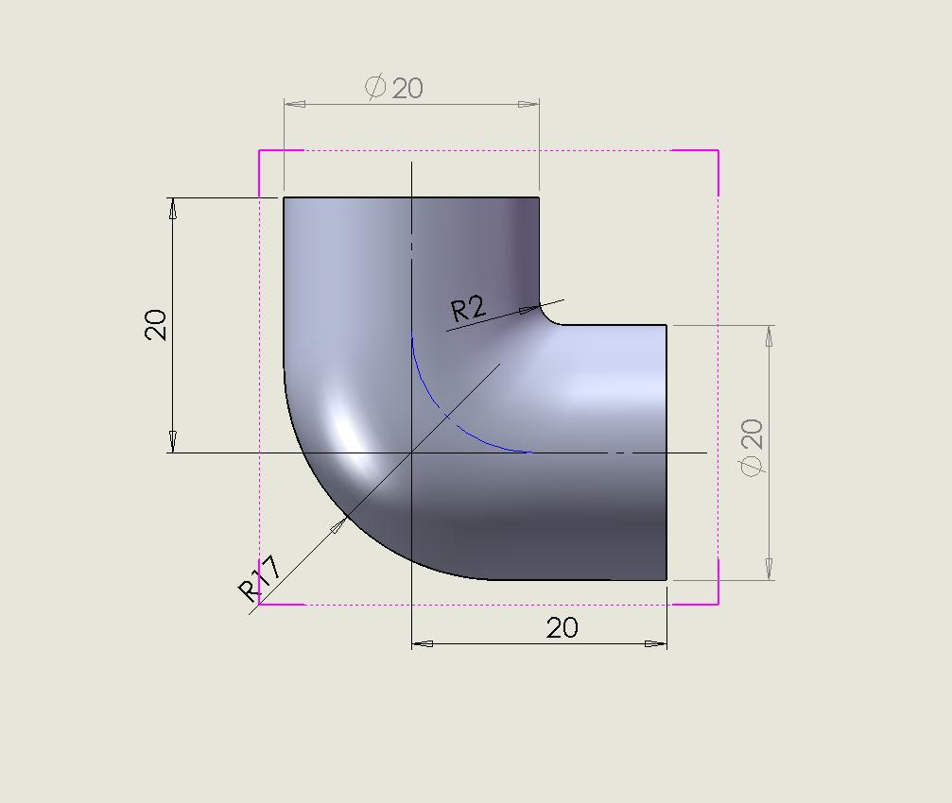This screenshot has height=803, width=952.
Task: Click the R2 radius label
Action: click(469, 309)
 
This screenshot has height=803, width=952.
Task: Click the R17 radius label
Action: click(260, 578)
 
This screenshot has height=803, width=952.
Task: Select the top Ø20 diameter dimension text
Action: click(394, 88)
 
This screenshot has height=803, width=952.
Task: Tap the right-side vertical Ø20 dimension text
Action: click(751, 448)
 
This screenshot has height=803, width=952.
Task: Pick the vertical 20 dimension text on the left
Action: click(155, 325)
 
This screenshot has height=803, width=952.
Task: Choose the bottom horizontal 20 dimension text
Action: click(563, 627)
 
